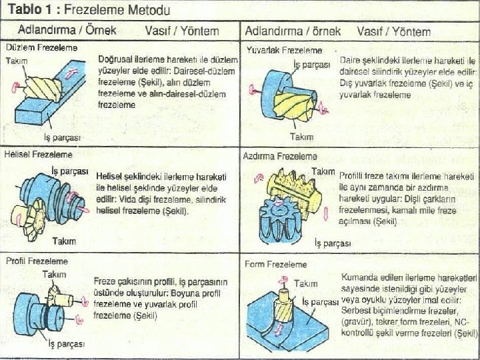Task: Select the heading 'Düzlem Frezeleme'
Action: [x=41, y=48]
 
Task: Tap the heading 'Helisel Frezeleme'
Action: [x=37, y=154]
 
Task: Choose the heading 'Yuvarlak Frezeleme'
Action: [x=284, y=50]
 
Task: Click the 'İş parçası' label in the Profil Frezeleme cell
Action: [x=65, y=344]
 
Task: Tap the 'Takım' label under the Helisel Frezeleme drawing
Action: [x=64, y=241]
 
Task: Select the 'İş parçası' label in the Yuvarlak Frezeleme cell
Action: [x=311, y=64]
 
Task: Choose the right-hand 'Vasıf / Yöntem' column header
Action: [x=393, y=31]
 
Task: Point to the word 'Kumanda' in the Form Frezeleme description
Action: [x=359, y=276]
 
